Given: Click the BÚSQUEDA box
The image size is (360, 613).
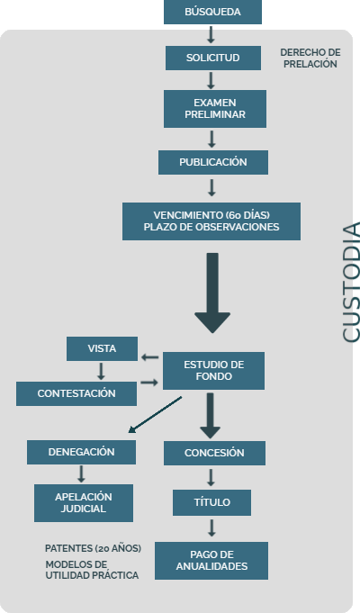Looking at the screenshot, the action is [x=212, y=12].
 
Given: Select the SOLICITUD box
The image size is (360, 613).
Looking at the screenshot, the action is [x=213, y=58].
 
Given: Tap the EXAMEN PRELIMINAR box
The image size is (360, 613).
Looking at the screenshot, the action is [x=215, y=109].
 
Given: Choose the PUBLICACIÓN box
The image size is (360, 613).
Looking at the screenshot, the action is [x=213, y=162].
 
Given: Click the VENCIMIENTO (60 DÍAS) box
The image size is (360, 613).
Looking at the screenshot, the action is [x=211, y=221].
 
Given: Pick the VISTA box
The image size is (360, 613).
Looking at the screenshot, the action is [x=102, y=348].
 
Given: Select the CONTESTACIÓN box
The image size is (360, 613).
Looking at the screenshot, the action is [x=76, y=393].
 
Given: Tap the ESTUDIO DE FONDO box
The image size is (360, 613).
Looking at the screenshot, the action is [x=214, y=371].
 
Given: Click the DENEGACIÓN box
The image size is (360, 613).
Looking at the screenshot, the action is [x=81, y=452].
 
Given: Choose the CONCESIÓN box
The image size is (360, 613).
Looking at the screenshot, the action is [x=214, y=453].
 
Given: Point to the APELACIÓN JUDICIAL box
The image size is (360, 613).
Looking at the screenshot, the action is [x=84, y=503].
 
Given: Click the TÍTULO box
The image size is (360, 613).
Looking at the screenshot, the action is [x=211, y=503].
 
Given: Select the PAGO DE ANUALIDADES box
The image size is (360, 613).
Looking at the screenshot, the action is [x=211, y=561].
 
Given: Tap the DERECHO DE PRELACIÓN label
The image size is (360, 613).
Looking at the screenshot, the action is [x=310, y=59].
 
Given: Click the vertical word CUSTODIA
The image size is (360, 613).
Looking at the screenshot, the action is [x=351, y=283].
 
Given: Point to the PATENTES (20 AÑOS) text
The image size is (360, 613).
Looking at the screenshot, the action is [x=93, y=548].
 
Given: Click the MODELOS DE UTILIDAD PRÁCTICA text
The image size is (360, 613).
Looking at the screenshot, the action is [x=92, y=570].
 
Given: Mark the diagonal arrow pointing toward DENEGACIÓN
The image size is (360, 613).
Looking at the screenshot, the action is [x=155, y=415].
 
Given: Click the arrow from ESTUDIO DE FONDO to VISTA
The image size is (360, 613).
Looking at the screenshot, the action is [x=149, y=357].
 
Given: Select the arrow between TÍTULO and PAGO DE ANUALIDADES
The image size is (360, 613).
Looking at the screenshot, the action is [x=211, y=527].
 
